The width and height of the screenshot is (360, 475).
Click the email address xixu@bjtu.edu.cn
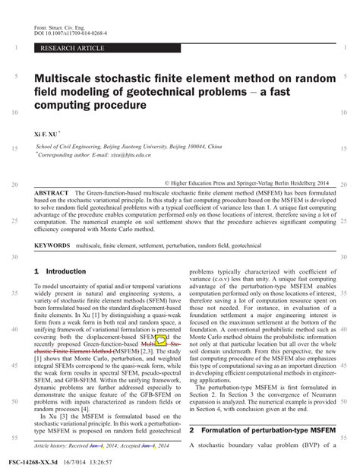pyautogui.click(x=129, y=153)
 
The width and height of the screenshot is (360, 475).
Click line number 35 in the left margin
pyautogui.click(x=15, y=293)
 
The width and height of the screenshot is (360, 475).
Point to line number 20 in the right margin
pyautogui.click(x=345, y=185)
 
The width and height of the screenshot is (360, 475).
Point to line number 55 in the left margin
pyautogui.click(x=15, y=438)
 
